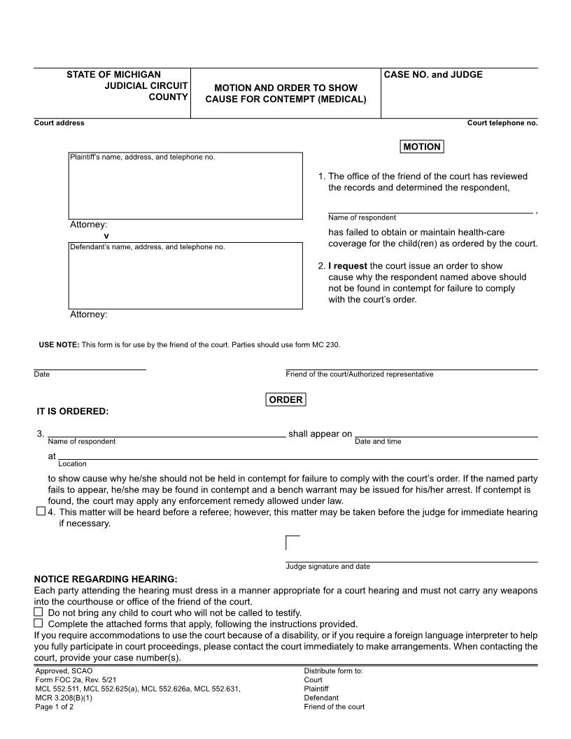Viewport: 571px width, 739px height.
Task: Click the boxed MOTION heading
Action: coord(422,147)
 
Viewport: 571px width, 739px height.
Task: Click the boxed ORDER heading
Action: coord(285,400)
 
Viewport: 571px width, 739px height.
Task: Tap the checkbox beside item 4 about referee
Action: coord(41,512)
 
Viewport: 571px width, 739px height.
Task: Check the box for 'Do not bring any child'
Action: coord(38,612)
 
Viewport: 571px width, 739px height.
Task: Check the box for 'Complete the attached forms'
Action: coord(38,624)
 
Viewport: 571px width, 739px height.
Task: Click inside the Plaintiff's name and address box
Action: coord(185,189)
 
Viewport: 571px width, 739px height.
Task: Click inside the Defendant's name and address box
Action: coord(185,279)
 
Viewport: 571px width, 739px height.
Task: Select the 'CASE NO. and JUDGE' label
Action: coord(433,75)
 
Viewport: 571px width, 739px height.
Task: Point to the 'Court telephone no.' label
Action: coord(502,123)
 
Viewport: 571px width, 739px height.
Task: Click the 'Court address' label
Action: coord(59,123)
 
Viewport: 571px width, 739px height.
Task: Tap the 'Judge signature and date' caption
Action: coord(327,566)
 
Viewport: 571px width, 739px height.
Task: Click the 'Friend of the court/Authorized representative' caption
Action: coord(359,374)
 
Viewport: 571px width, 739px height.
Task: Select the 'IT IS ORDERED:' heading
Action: coord(73,411)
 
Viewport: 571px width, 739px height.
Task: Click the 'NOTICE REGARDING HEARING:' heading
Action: coord(106,579)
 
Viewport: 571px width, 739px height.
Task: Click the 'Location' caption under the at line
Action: coord(72,463)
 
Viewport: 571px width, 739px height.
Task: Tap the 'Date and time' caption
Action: coord(378,442)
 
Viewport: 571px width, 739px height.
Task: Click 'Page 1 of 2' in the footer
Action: coord(55,707)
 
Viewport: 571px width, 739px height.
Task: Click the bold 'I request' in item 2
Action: coord(347,266)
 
